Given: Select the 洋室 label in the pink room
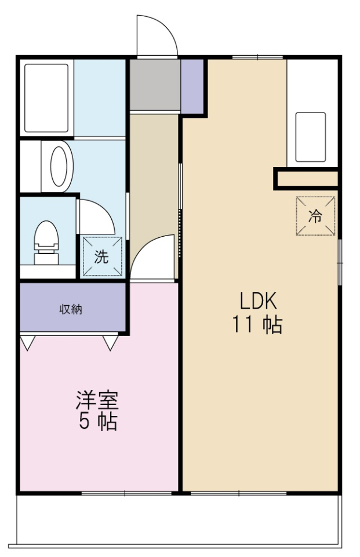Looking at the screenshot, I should click(97, 400).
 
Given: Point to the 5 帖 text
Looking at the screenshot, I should click(97, 422).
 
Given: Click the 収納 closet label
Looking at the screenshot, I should click(71, 309).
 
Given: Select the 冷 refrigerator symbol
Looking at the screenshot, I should click(315, 216).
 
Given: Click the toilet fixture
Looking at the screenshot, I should click(46, 241).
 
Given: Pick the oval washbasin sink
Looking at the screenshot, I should click(59, 166).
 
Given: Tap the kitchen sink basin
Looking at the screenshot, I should click(310, 137).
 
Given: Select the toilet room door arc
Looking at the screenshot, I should click(96, 216).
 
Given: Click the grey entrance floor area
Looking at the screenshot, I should click(154, 85).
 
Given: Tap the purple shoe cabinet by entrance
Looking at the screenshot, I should click(193, 86).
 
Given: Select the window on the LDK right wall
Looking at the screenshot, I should click(340, 261).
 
